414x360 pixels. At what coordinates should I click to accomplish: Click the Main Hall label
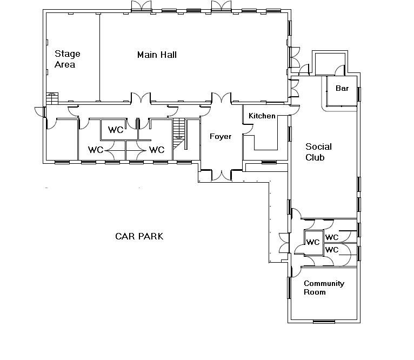[x=157, y=55]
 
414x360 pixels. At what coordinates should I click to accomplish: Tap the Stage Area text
[x=68, y=59]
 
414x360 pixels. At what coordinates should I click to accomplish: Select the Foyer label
[x=221, y=136]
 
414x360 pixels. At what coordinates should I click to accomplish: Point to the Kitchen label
[x=262, y=116]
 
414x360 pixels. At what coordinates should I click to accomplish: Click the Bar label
[x=342, y=88]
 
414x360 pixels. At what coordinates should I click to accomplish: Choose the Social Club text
[x=318, y=152]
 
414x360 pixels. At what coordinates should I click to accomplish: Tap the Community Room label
[x=324, y=288]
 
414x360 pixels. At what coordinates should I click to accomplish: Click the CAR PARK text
[x=139, y=236]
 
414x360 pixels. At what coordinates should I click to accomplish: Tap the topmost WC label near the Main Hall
[x=116, y=130]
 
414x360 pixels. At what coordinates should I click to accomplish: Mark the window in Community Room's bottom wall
[x=324, y=322]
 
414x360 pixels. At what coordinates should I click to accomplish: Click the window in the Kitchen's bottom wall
[x=269, y=162]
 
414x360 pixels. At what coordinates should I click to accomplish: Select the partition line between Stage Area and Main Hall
[x=99, y=57]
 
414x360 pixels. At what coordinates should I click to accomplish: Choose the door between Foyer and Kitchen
[x=248, y=130]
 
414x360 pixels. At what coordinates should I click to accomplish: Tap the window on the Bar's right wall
[x=358, y=94]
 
